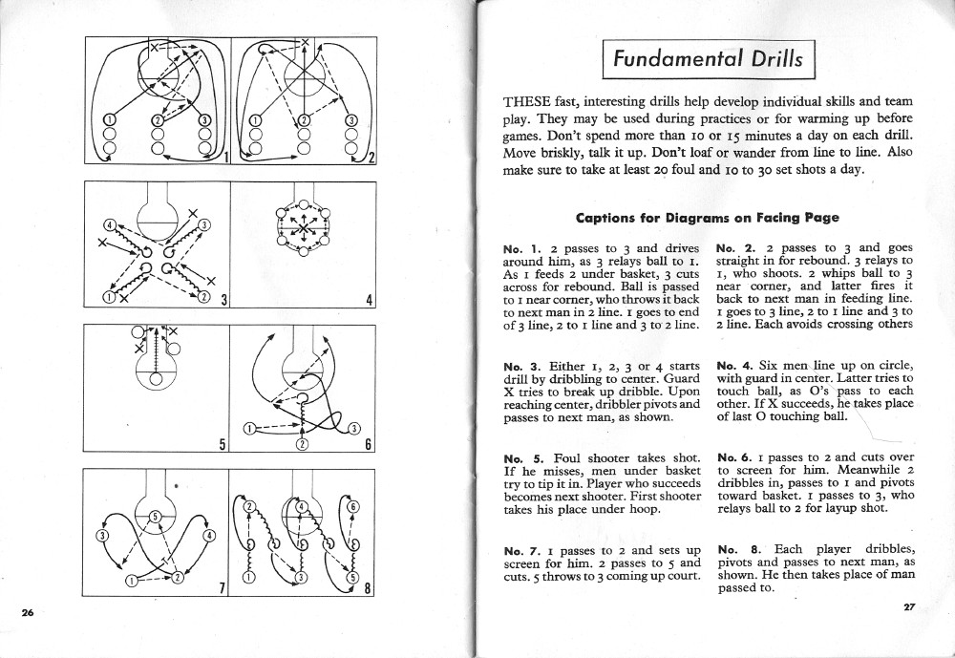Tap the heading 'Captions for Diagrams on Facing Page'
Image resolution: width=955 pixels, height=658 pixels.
[707, 218]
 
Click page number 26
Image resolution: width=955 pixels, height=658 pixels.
[28, 611]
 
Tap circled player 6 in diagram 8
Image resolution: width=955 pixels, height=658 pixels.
[352, 507]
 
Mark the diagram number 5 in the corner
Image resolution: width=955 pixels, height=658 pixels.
[222, 443]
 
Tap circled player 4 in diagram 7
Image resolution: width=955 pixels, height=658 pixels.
[209, 535]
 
